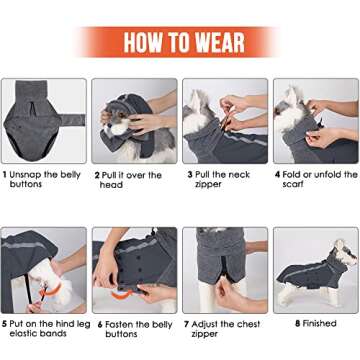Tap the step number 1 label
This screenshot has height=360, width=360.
pos(6,172)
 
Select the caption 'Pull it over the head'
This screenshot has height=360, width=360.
pos(134,179)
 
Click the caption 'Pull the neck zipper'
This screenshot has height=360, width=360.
pos(226,179)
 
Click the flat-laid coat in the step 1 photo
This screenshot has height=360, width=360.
pos(40,120)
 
